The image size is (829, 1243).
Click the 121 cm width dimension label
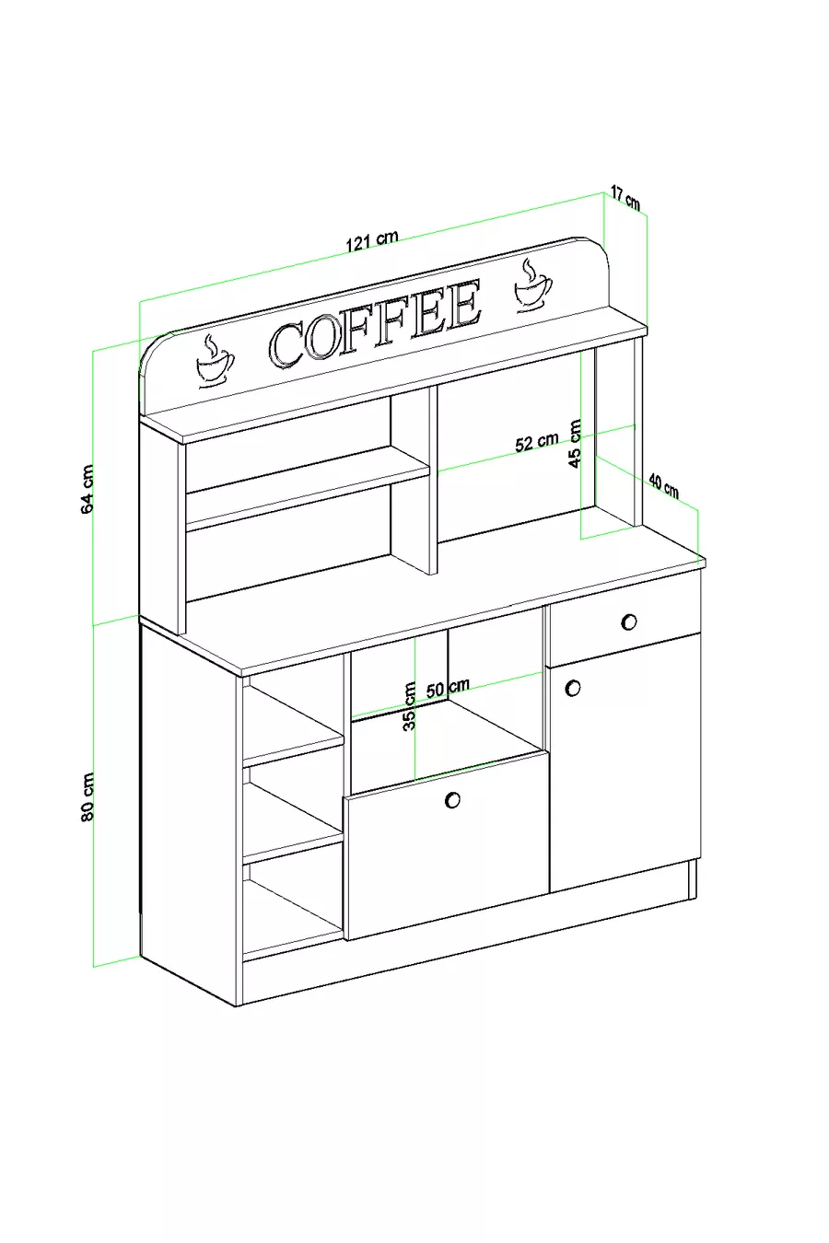click(372, 240)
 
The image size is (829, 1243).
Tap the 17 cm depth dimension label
click(625, 198)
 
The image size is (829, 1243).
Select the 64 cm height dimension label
click(88, 489)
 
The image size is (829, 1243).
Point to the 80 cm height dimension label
click(88, 797)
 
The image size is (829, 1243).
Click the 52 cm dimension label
click(536, 442)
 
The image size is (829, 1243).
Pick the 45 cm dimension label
click(576, 444)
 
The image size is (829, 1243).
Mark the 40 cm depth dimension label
click(663, 487)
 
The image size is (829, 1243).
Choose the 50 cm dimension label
click(448, 688)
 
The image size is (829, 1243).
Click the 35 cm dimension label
click(409, 706)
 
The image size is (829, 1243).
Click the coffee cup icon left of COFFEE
click(215, 361)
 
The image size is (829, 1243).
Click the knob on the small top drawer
click(628, 621)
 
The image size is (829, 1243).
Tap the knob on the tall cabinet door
click(573, 688)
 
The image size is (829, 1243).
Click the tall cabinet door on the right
click(625, 763)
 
